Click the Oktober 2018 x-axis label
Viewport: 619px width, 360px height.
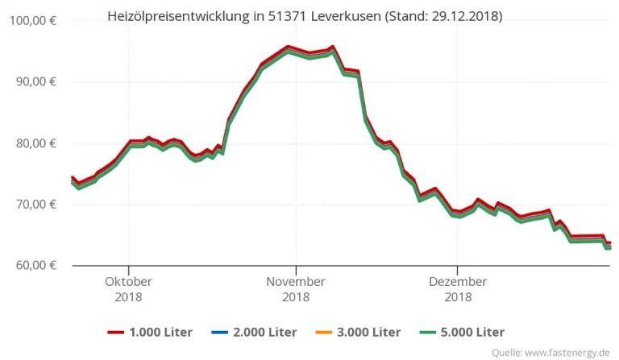(128, 289)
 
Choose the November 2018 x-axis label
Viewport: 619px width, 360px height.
(296, 289)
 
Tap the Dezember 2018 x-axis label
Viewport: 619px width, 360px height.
(457, 289)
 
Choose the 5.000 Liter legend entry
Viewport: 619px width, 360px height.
(476, 332)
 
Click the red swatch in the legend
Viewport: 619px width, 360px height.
(118, 333)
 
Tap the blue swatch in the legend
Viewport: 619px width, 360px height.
(222, 333)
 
